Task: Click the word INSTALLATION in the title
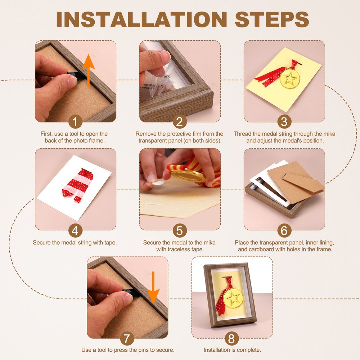(141, 19)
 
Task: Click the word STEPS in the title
(272, 19)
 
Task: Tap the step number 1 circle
(75, 121)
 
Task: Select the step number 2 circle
(180, 121)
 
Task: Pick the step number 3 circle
(284, 121)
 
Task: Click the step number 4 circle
(75, 230)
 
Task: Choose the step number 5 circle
(180, 230)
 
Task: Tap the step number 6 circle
(284, 230)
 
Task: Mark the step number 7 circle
(127, 338)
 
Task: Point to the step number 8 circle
(231, 338)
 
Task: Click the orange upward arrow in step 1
(89, 70)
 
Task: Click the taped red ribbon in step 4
(78, 185)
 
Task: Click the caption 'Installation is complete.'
(232, 350)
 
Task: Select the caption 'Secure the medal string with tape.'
(75, 242)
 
